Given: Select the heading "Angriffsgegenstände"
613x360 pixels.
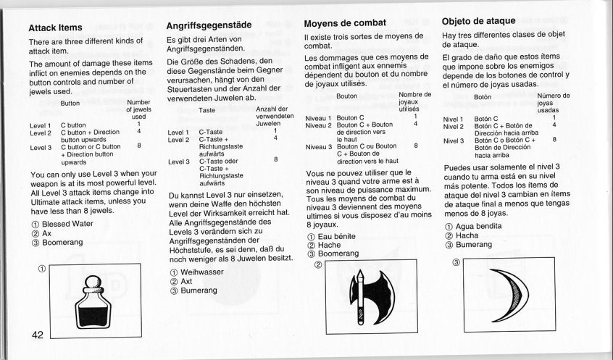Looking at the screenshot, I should click(x=209, y=25).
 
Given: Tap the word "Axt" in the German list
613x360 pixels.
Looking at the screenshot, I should click(x=188, y=281).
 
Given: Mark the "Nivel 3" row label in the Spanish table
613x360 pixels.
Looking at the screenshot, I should click(x=455, y=140).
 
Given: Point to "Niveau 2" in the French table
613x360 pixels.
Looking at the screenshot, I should click(x=319, y=125).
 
